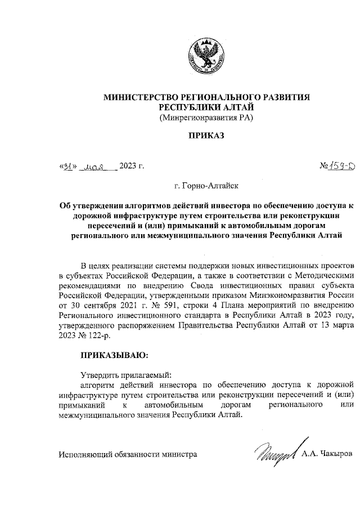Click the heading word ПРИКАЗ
point(206,136)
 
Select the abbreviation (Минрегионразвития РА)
point(206,117)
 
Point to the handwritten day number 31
point(67,167)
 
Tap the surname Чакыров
point(335,437)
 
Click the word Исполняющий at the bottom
point(85,437)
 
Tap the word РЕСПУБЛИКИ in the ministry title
point(190,107)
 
